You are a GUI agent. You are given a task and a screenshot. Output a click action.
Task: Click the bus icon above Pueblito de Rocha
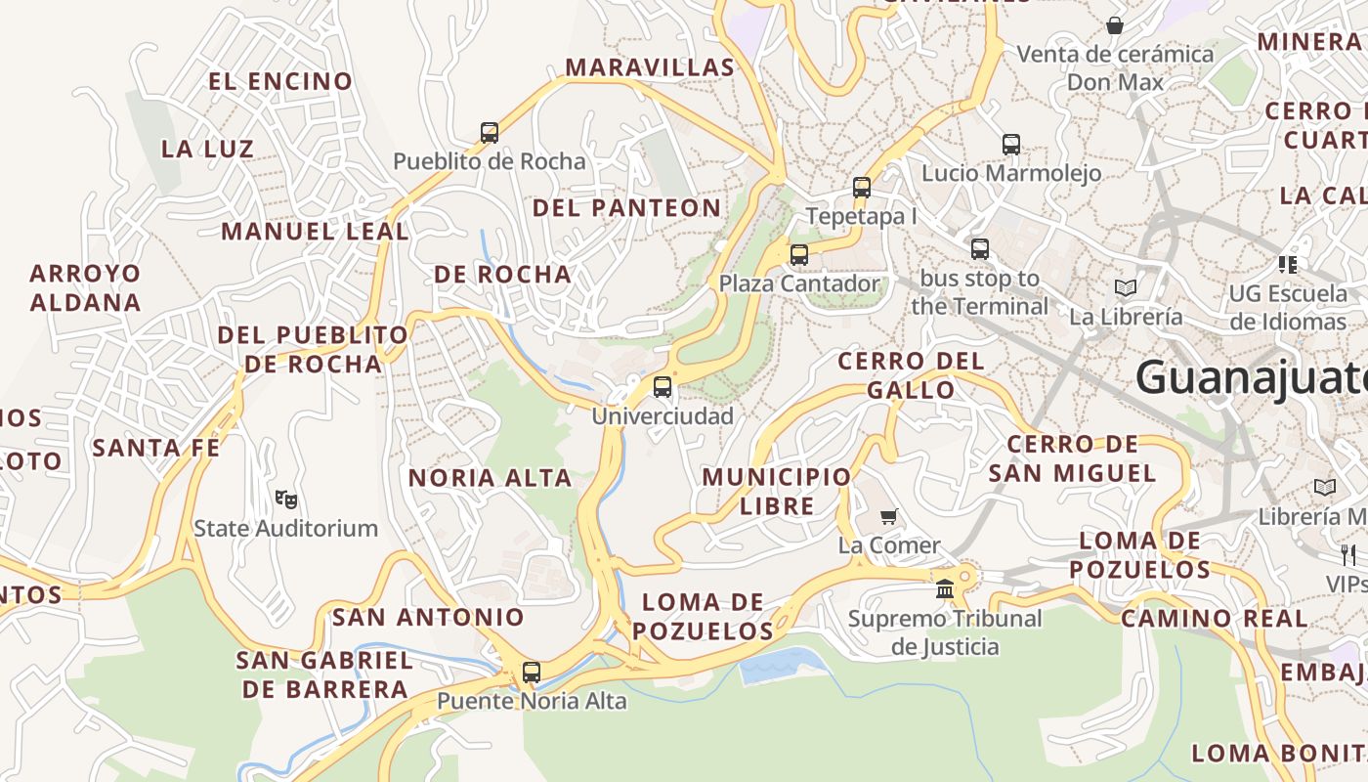coord(490,132)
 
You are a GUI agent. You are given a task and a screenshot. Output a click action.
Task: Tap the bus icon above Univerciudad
coord(663,386)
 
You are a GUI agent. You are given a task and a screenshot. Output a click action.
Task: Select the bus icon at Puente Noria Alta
coord(532,673)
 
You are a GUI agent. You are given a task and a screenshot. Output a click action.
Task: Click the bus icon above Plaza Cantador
coord(799,254)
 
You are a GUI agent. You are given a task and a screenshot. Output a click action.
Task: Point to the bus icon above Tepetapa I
coord(862,187)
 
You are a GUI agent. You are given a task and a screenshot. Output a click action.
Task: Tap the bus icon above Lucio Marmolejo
coord(1011,145)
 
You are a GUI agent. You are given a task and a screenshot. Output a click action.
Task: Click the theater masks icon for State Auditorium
coord(285,500)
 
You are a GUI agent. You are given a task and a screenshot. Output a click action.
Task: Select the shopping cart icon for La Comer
coord(888,516)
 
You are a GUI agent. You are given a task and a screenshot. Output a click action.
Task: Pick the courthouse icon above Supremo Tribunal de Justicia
coord(945,588)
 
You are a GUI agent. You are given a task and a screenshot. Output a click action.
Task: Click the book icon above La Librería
coord(1126,287)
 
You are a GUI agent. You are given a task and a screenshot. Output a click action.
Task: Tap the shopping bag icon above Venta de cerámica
coord(1115,24)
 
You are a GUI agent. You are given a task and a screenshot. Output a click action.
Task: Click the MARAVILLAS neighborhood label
coord(650,67)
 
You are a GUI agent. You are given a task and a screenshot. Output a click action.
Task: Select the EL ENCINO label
coord(280,81)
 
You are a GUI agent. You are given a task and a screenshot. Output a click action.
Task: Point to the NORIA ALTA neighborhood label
coord(490,478)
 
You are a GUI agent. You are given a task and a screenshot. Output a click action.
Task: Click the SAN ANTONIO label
coord(428,618)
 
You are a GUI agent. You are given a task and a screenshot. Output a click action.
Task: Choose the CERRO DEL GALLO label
coord(911,375)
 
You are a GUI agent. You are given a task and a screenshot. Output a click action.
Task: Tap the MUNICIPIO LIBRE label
coord(777,491)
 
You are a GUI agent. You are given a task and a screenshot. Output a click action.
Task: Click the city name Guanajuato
coord(1251,377)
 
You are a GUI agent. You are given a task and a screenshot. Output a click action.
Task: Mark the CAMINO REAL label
coord(1213,619)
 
